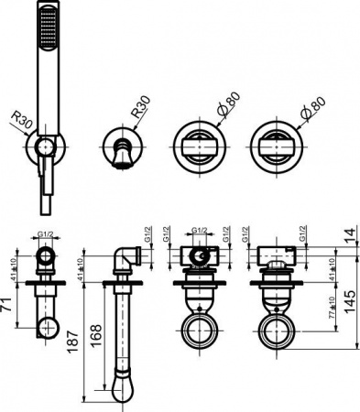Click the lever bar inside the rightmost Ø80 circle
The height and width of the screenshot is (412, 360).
(x=273, y=147)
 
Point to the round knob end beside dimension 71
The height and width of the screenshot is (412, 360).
(x=49, y=326)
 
